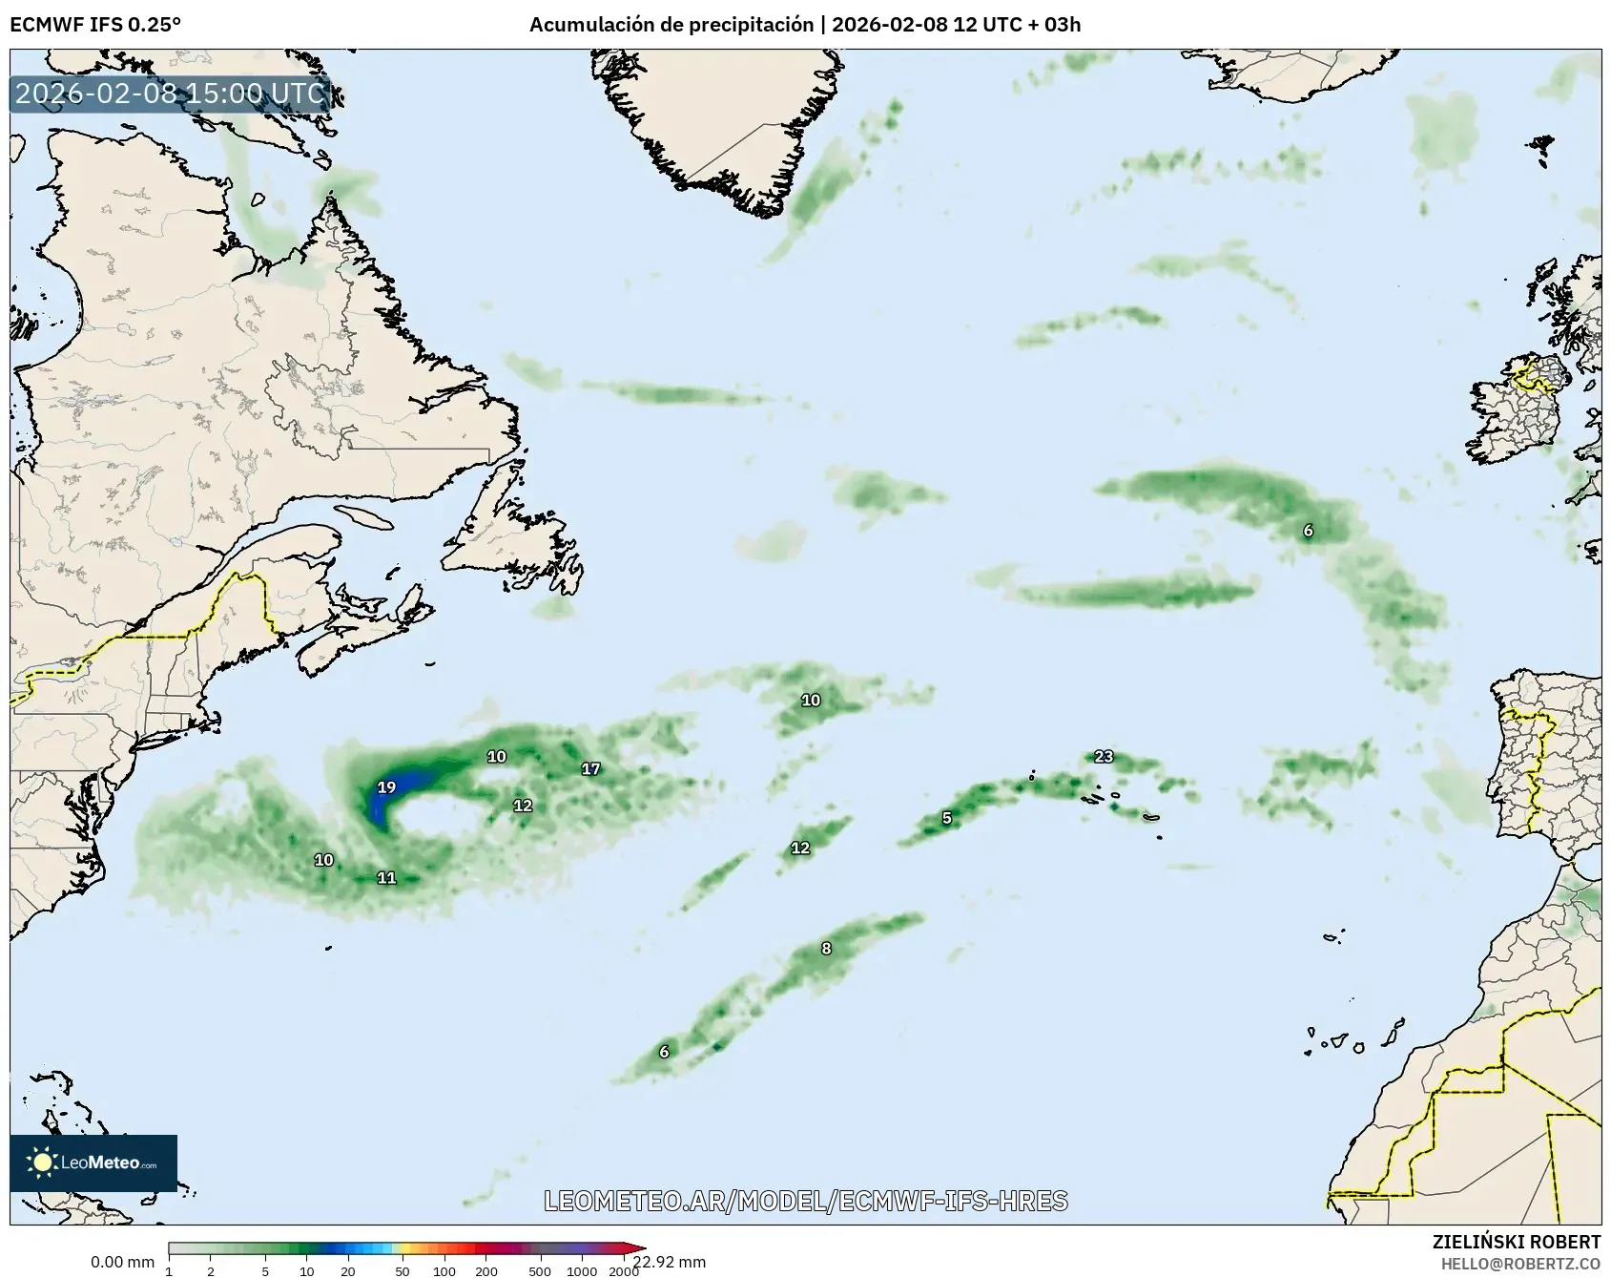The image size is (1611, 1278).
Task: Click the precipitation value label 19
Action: [x=386, y=787]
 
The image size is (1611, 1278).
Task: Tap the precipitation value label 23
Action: [x=1104, y=757]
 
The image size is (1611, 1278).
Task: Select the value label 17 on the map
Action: [x=591, y=768]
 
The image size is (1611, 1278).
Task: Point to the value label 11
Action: [x=386, y=878]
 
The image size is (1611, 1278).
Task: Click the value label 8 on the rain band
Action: [x=826, y=949]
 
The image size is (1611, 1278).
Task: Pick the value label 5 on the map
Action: [x=946, y=818]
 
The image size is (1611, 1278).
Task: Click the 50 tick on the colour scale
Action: [x=403, y=1271]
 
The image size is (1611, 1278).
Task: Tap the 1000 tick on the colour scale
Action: [x=582, y=1271]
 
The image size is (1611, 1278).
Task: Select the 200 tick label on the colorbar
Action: [x=486, y=1271]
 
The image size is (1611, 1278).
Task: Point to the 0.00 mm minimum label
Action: [x=122, y=1263]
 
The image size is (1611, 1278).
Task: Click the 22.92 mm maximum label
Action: [x=670, y=1263]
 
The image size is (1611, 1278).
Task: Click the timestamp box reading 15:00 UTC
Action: [x=171, y=94]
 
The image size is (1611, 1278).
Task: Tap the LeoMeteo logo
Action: [x=93, y=1163]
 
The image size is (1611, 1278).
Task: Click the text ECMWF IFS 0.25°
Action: [x=95, y=24]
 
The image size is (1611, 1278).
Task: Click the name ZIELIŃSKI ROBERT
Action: [x=1517, y=1242]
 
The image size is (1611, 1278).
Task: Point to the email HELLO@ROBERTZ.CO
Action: [x=1520, y=1264]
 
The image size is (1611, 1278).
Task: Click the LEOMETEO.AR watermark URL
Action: [x=806, y=1201]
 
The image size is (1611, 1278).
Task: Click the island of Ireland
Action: [x=1517, y=420]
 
